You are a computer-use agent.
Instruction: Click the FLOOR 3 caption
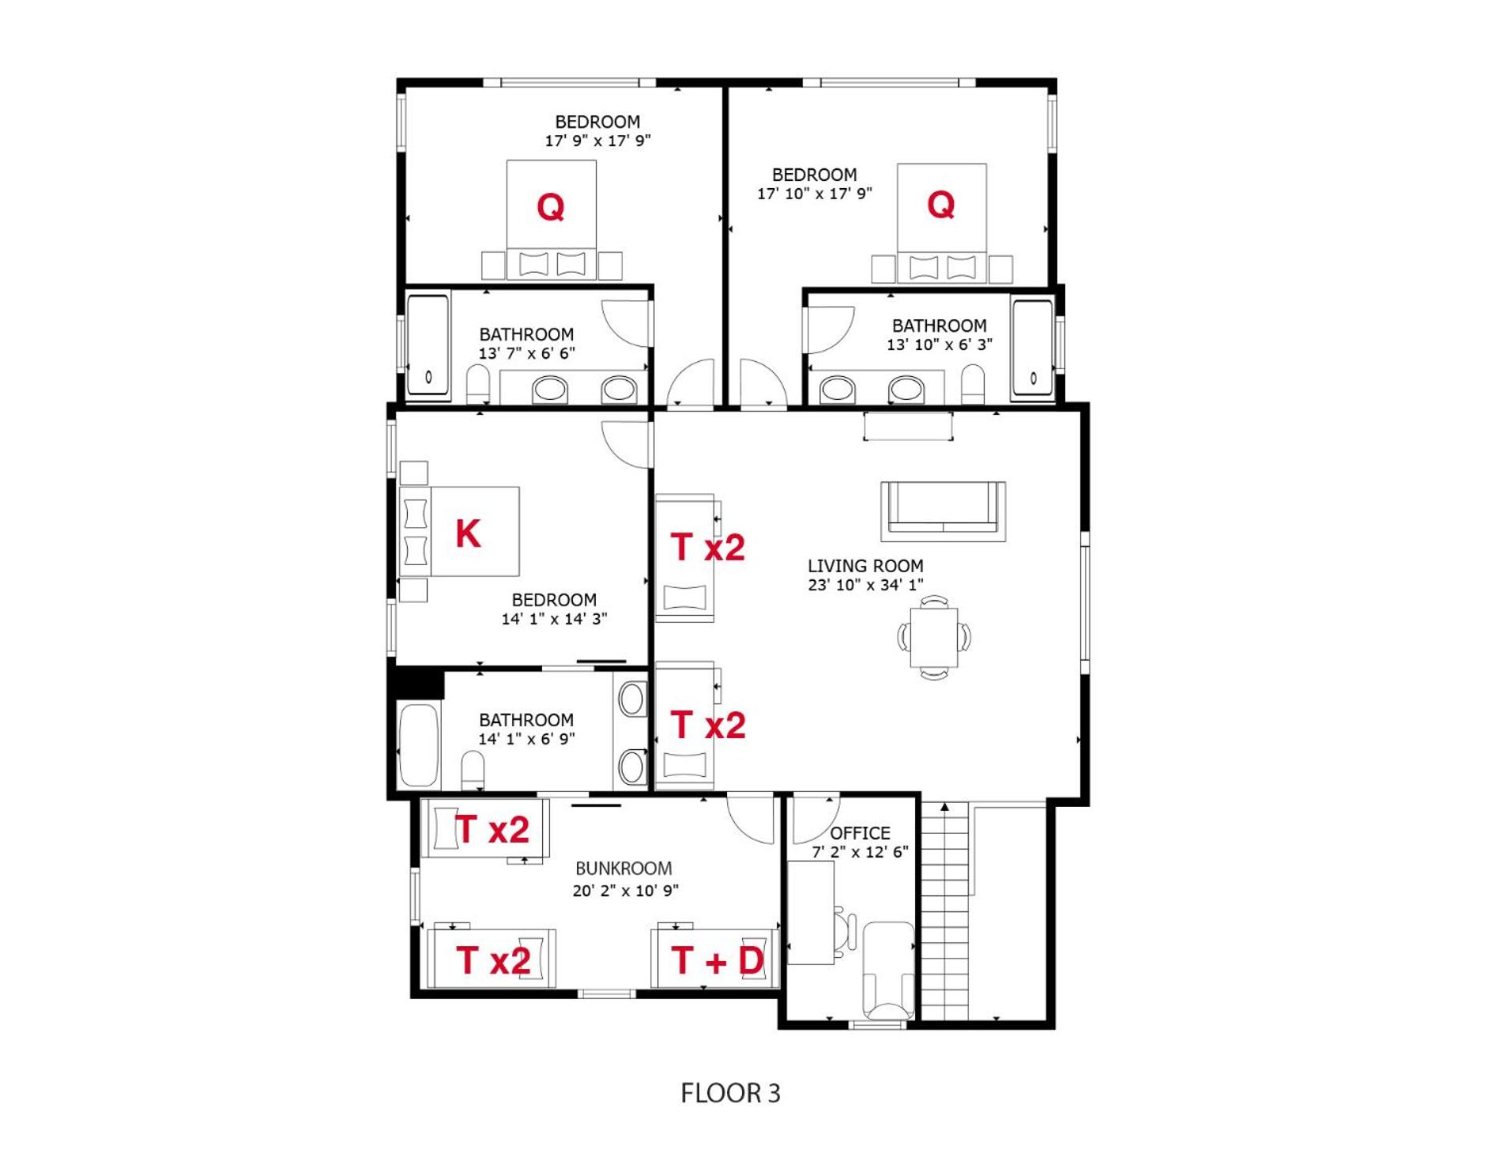pos(730,1093)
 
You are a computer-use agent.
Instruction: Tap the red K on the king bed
pos(468,533)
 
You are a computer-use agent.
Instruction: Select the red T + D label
pos(718,960)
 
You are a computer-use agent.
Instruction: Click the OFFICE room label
pos(860,833)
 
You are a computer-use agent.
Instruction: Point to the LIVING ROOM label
pos(865,566)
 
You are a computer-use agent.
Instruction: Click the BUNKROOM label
pos(624,869)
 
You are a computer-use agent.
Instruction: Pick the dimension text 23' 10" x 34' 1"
pos(865,585)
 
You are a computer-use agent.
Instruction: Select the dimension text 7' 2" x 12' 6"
pos(860,852)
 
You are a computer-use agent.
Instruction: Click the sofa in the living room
pos(943,511)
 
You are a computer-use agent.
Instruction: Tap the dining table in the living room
pos(934,637)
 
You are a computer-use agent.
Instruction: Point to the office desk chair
pos(846,927)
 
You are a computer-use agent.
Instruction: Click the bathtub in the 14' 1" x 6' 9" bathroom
pos(419,746)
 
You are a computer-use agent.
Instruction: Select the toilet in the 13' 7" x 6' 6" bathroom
pos(478,383)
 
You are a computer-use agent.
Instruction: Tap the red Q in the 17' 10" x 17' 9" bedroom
pos(940,205)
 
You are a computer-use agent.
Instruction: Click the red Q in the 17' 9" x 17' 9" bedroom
pos(550,207)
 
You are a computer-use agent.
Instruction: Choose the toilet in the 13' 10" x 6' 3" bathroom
pos(974,383)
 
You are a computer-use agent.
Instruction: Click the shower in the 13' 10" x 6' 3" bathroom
pos(1033,347)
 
